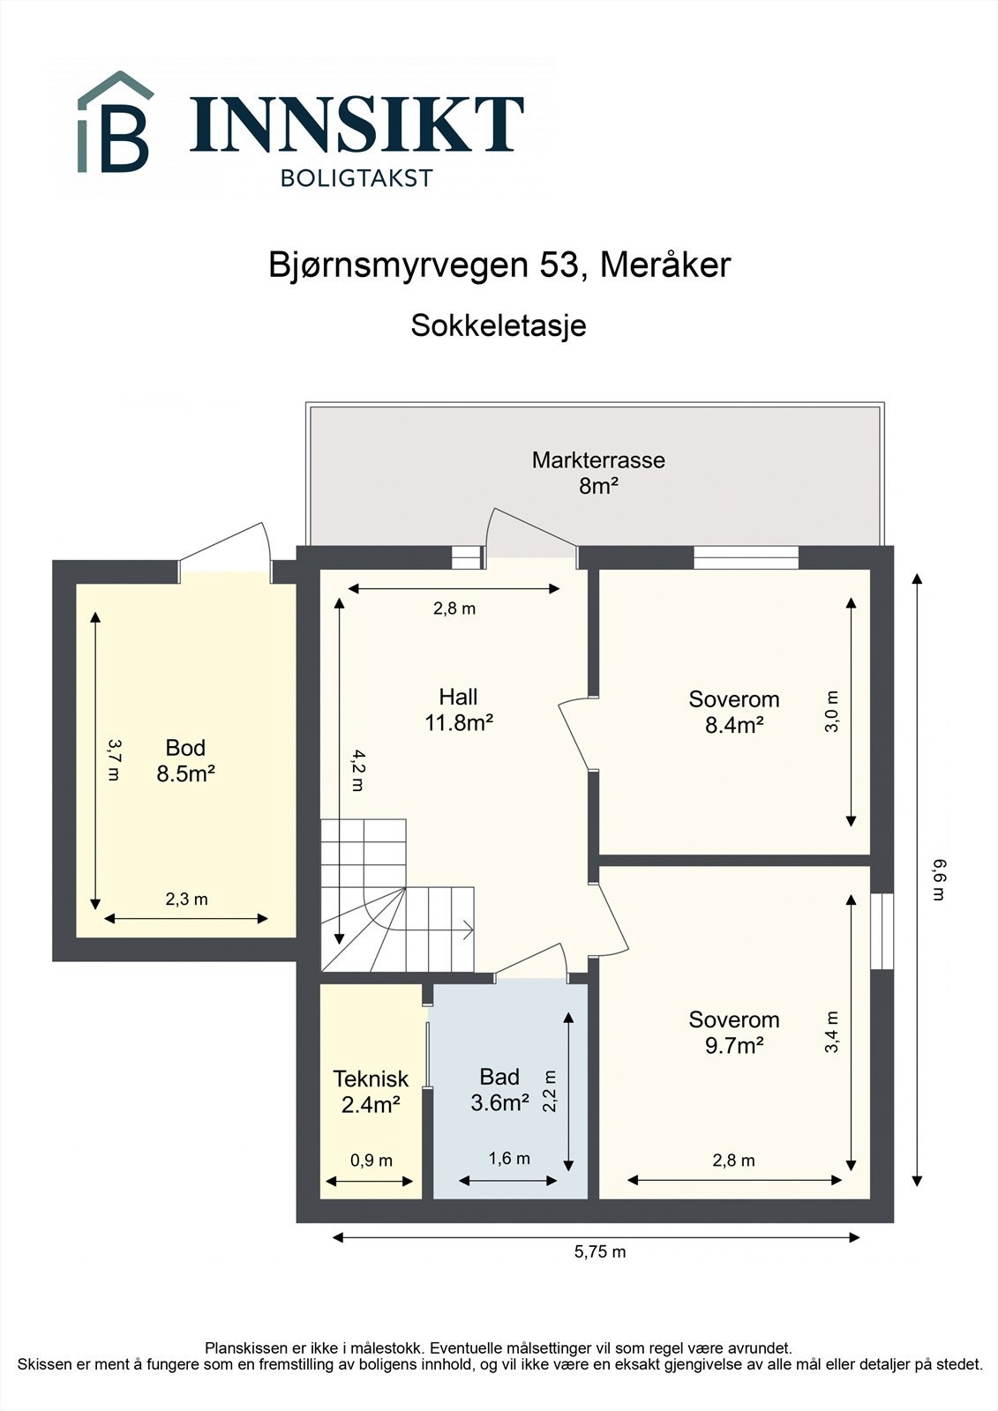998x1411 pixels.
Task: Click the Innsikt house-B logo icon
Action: pos(115,123)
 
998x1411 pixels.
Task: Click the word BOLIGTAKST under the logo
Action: pos(356,178)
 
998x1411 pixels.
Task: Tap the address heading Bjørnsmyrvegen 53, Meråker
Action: pos(499,265)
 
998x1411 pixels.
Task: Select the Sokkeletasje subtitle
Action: pos(499,325)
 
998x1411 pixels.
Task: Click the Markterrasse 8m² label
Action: pos(598,473)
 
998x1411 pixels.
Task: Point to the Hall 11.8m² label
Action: pos(458,710)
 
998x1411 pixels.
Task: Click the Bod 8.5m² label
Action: pos(185,760)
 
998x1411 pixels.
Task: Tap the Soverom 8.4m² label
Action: pos(734,712)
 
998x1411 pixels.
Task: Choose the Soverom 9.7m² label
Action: pos(734,1032)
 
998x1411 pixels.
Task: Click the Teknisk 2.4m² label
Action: pos(371,1091)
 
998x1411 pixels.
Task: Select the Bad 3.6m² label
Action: pos(499,1089)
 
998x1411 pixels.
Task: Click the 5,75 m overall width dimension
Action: pos(600,1251)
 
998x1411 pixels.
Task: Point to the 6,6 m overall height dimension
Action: pos(938,879)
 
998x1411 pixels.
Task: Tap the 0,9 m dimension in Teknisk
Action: pos(371,1161)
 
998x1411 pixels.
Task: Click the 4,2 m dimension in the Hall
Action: pos(356,770)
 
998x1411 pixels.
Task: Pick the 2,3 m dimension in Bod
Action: pos(186,900)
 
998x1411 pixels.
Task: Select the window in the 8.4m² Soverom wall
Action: pos(746,557)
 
